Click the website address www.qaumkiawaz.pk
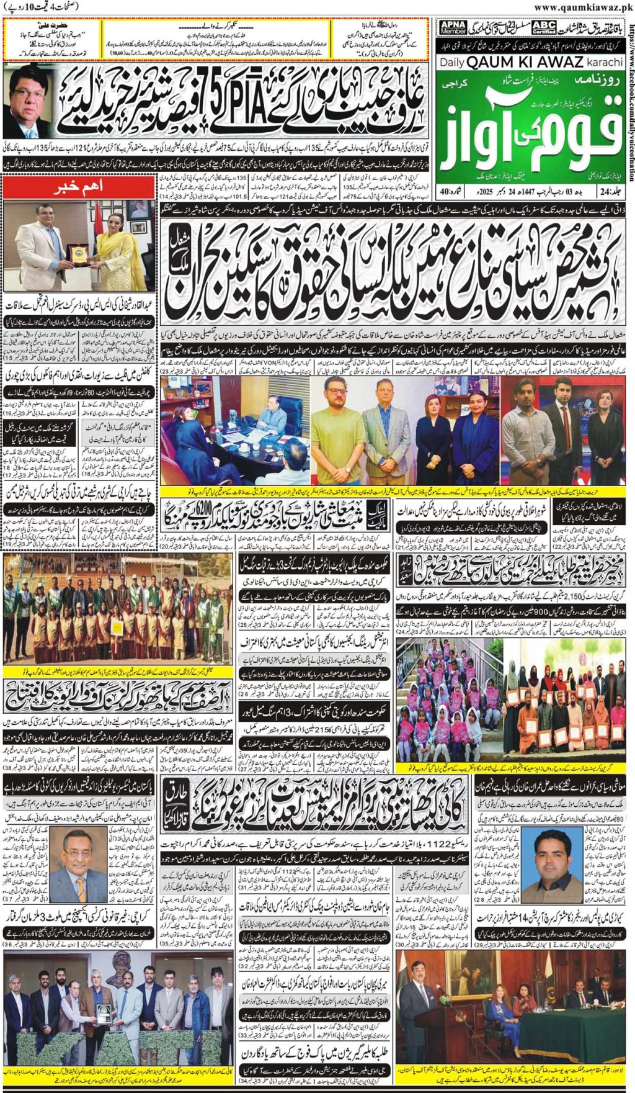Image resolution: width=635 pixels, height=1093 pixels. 584,7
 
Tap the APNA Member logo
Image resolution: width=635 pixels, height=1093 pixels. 453,27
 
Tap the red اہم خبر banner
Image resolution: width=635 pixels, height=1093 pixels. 79,186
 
